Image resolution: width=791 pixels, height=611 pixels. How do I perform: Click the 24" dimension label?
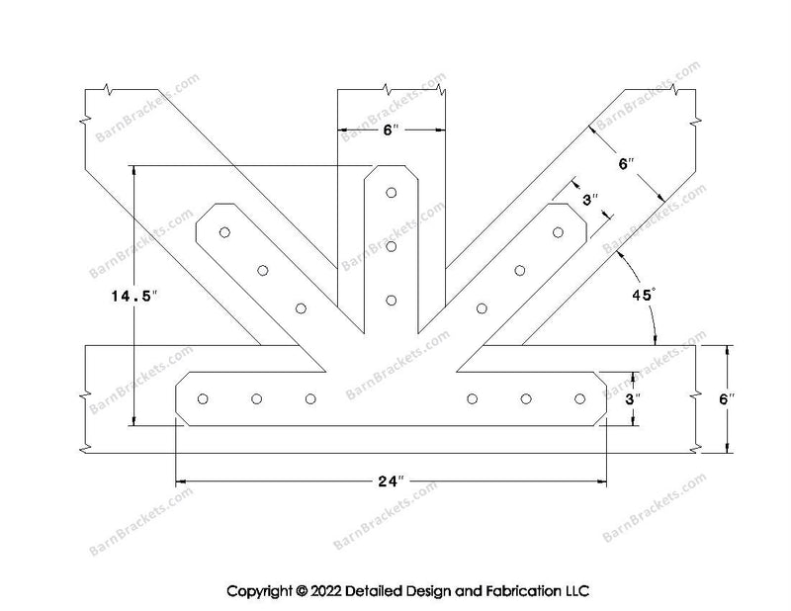click(392, 481)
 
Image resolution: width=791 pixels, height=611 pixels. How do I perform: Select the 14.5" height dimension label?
click(133, 295)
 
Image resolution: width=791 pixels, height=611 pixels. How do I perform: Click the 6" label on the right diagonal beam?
click(624, 165)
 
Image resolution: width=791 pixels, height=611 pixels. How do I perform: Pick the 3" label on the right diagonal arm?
click(591, 200)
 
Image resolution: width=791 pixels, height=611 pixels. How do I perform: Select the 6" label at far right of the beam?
click(726, 398)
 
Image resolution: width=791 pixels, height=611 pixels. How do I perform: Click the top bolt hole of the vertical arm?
click(392, 193)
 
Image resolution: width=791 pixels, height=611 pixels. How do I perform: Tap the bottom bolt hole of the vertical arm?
click(392, 299)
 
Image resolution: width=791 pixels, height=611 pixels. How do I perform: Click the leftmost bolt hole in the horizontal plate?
click(203, 399)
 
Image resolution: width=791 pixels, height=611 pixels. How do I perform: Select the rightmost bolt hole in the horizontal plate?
click(579, 399)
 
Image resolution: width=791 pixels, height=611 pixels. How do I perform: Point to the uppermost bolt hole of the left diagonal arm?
click(225, 233)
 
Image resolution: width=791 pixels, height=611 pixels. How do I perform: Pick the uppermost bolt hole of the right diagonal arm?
click(558, 233)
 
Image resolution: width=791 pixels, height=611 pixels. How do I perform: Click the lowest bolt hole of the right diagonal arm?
click(482, 307)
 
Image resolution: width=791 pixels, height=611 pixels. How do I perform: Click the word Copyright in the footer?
click(260, 592)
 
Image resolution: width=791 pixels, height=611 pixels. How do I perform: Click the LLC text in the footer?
click(576, 592)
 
